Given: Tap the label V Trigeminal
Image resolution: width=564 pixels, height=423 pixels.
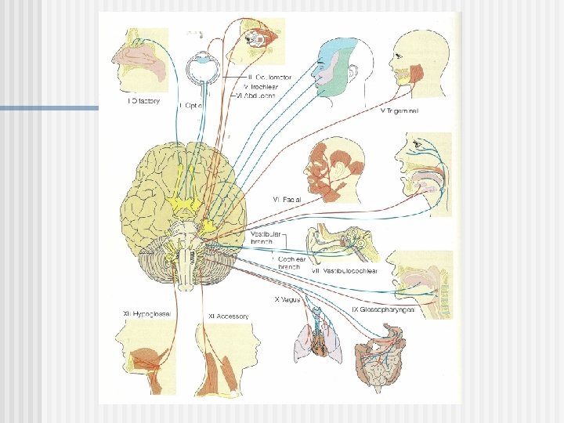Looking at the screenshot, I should pos(399,111).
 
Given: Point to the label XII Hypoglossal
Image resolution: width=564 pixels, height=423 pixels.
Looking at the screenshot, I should pos(146,314).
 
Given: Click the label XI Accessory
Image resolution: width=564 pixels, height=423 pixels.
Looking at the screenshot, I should pos(228,316).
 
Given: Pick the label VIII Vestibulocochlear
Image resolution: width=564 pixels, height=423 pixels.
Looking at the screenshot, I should pos(345,271).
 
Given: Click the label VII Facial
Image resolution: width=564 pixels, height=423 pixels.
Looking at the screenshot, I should pos(286,200).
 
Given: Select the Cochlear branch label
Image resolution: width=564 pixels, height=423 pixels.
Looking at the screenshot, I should pos(291,262).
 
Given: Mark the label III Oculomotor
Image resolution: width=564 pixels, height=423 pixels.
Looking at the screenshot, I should pos(269,78).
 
